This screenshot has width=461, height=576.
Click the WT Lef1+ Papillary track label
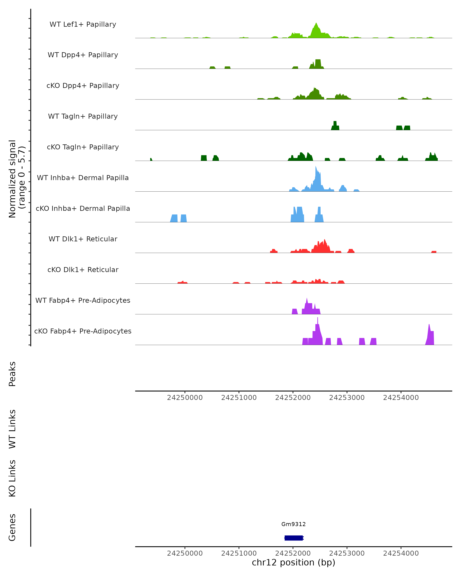pos(83,24)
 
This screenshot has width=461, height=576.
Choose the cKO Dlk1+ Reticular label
pos(83,270)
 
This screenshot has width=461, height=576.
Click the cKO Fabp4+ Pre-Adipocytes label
pos(83,331)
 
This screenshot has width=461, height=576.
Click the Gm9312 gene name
pos(294,524)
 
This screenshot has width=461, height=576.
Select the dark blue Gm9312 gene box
pos(294,538)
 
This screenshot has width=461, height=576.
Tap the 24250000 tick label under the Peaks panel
pos(185,398)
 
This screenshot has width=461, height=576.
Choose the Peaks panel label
pos(12,374)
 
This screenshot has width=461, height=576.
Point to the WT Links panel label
pos(12,429)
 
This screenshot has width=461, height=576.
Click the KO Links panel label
pos(12,478)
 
